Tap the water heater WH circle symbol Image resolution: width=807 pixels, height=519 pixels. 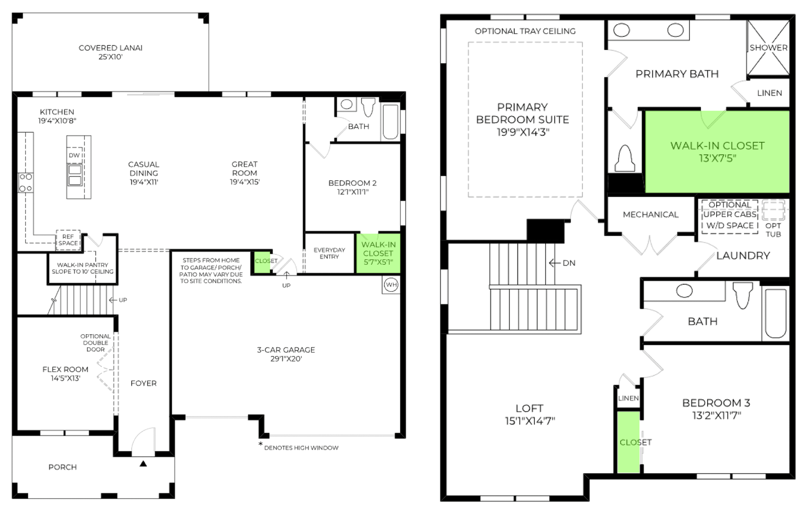(x=391, y=285)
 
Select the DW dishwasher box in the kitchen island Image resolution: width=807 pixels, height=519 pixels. (x=74, y=155)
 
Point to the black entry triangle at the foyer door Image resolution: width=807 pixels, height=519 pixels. (x=143, y=463)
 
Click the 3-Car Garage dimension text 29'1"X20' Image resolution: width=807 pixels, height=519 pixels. (x=286, y=359)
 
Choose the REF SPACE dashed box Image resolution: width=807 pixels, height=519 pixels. (x=68, y=240)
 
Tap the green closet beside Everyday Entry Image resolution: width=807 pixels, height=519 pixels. (x=263, y=262)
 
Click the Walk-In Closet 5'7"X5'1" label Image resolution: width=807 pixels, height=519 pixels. (x=378, y=253)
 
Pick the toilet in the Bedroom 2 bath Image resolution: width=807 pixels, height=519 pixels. (x=368, y=107)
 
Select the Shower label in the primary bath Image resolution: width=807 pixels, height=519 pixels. (x=769, y=47)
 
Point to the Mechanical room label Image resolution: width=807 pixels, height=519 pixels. (x=651, y=215)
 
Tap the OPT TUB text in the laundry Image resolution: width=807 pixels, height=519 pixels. (x=773, y=230)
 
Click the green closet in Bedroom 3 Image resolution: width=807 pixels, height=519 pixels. (x=628, y=442)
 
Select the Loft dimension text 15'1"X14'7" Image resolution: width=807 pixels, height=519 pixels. (x=530, y=421)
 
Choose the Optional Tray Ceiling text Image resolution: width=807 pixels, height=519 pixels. (x=525, y=31)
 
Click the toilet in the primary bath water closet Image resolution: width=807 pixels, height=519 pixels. (x=625, y=159)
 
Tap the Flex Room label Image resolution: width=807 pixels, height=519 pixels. (x=65, y=370)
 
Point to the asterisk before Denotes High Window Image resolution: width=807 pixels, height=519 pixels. (x=260, y=444)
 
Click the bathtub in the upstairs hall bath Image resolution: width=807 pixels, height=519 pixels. (x=775, y=313)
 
